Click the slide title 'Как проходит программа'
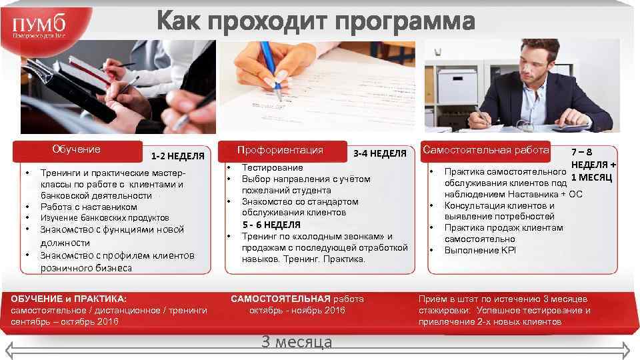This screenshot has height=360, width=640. tap(316, 21)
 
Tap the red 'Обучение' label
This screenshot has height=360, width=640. tap(77, 149)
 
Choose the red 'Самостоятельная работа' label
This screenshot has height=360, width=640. tap(486, 150)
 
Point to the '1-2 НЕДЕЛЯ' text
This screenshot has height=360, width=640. tap(177, 157)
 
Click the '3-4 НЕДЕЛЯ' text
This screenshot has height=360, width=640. tap(379, 154)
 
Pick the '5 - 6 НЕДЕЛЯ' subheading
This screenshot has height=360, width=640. tap(271, 225)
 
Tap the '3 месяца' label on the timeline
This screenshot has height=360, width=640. tap(297, 342)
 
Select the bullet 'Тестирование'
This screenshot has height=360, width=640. tap(272, 168)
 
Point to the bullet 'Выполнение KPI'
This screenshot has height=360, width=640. tap(480, 251)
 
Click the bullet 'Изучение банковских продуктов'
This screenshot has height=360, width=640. tap(105, 218)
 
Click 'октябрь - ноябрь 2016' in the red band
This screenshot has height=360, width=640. tap(297, 311)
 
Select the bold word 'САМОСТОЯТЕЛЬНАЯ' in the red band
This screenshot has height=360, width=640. tap(281, 299)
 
